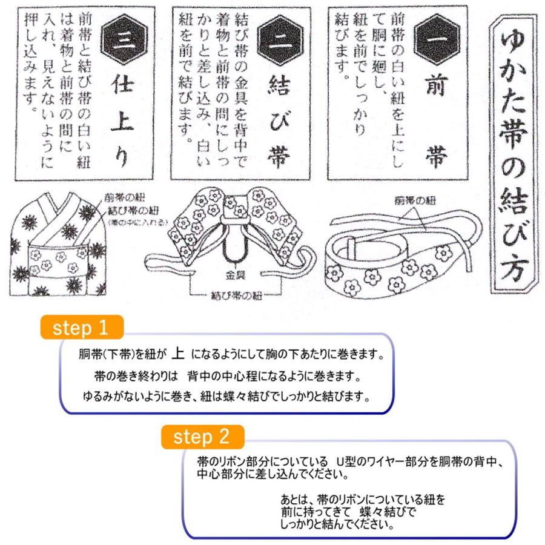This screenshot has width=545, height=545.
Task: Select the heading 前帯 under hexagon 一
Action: coord(435,121)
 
